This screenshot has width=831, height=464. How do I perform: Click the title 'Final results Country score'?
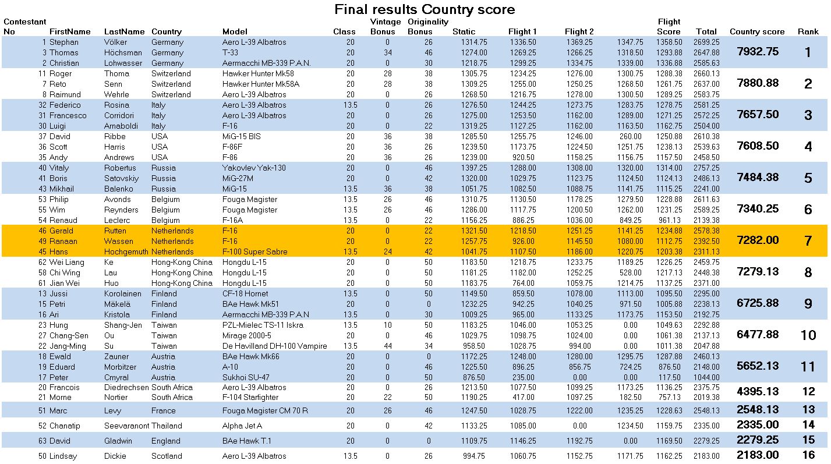[425, 9]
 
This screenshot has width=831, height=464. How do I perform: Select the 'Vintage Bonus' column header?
[385, 27]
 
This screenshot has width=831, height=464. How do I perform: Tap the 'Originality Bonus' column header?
[428, 27]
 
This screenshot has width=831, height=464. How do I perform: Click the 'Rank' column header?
[808, 31]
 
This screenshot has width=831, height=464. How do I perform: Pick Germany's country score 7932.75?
[758, 52]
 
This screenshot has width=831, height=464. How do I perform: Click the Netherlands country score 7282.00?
[758, 240]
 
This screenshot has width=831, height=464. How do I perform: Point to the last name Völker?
[115, 42]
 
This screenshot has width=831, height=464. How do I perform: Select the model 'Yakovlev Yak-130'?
[254, 168]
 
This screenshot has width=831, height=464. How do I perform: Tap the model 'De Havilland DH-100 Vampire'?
[274, 346]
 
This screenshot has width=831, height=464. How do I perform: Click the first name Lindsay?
[63, 456]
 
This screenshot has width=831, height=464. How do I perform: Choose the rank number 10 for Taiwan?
[808, 335]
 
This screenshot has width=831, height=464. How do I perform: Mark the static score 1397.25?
[474, 168]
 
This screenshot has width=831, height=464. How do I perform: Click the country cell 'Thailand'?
[167, 426]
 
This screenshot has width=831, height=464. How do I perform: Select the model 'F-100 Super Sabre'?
[255, 252]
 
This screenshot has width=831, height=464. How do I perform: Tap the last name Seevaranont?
[126, 426]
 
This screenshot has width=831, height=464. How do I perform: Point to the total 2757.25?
[706, 168]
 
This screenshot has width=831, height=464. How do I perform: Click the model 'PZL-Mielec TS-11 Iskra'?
[263, 325]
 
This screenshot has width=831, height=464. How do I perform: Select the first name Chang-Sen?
[69, 336]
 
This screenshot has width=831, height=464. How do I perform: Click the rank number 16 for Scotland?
[808, 455]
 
